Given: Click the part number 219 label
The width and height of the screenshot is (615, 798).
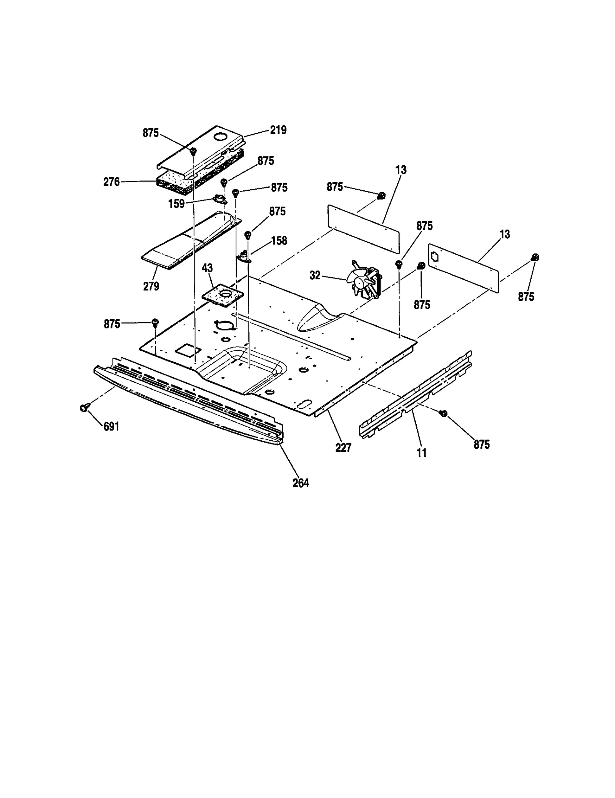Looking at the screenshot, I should (278, 130).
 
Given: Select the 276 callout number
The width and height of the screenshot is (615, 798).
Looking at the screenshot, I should (111, 182).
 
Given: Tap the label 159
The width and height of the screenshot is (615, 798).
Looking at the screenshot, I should (176, 204).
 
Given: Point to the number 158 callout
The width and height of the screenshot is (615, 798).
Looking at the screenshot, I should (279, 240).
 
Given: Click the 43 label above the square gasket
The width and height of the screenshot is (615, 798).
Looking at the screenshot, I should (207, 268).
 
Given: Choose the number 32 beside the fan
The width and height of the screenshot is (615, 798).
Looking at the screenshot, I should (315, 275).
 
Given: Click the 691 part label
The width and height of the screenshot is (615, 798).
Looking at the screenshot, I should (111, 426).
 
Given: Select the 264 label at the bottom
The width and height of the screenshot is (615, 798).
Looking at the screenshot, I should (301, 483).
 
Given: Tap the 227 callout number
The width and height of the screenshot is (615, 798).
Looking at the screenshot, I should (343, 448).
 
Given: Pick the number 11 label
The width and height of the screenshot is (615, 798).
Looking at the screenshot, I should (422, 453).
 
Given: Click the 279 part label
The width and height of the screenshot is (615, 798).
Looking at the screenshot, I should (151, 286).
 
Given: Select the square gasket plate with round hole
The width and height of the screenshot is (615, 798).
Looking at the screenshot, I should (223, 296).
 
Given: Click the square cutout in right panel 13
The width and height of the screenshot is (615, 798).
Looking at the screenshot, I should (435, 257).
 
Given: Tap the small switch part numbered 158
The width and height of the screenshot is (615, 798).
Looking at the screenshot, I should (243, 255).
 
